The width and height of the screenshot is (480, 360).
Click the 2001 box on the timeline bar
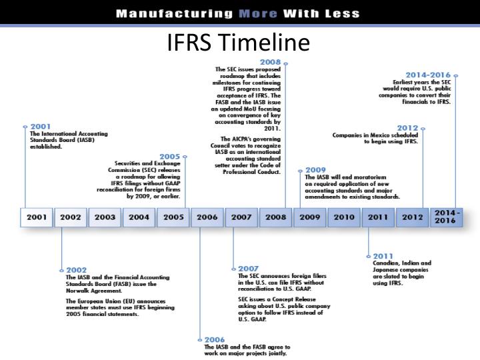click(37, 217)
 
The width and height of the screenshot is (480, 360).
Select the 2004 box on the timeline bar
click(139, 217)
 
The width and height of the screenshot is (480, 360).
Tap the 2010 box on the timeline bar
click(344, 217)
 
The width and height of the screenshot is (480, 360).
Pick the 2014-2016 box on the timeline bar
click(445, 217)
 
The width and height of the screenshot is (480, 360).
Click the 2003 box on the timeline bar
click(105, 217)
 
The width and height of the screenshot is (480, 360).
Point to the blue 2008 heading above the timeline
click(270, 62)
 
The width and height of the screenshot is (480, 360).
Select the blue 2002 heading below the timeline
click(77, 270)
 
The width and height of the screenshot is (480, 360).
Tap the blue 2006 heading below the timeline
click(215, 339)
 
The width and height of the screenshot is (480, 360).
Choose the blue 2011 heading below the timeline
click(383, 255)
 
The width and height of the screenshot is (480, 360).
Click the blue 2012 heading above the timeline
click(407, 127)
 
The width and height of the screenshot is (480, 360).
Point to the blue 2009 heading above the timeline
click(315, 170)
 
